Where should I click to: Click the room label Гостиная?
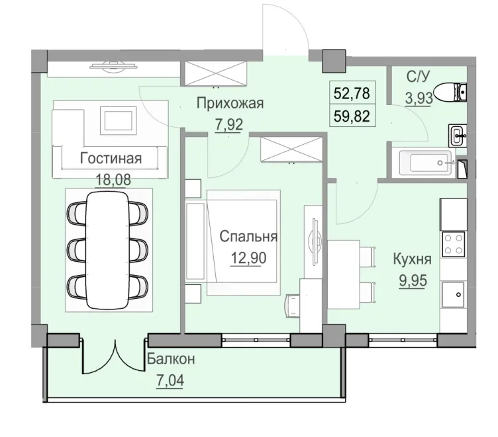pos(111,158)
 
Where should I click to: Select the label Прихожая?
pos(230,102)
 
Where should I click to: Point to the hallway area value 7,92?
pos(230,123)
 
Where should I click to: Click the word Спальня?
pos(248,236)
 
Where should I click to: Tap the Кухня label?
pos(412,258)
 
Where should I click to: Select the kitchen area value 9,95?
pos(412,278)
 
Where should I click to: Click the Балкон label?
pos(171,360)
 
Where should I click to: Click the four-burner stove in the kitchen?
pos(454,245)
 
